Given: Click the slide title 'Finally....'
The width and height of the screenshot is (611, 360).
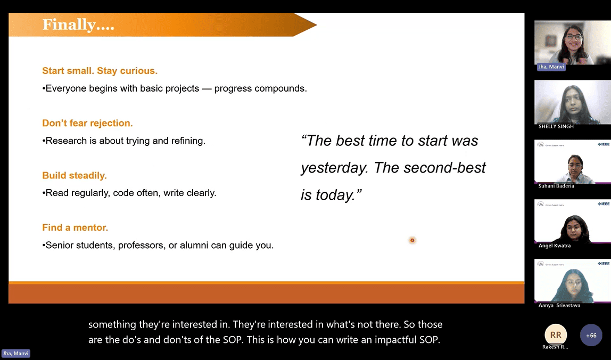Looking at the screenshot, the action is coord(78,24).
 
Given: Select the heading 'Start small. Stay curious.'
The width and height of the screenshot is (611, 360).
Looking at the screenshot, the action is coord(100,71).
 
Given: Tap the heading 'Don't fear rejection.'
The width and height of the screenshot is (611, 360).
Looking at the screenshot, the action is coord(87,123).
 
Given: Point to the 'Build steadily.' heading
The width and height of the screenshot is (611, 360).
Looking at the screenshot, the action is coord(75,176).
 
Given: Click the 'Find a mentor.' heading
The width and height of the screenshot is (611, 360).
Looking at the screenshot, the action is coord(75,227).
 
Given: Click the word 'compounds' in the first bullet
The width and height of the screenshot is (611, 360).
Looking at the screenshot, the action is coord(279,89).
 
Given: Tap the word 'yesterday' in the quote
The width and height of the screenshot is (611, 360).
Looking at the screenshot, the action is coord(334,168).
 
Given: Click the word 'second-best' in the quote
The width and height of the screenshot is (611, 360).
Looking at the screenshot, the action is coord(444,168).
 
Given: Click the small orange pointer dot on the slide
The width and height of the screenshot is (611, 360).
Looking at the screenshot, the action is coord(412,240).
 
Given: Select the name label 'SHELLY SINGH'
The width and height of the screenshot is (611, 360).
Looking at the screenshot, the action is coord(556,126).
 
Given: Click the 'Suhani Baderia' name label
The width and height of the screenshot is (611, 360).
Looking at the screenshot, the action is coord(556,186).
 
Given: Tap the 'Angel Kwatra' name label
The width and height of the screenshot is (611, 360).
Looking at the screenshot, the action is coord(555,246).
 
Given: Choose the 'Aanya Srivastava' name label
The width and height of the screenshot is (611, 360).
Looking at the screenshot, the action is coord(559,305).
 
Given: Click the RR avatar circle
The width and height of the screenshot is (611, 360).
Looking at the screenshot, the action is coord(556,335).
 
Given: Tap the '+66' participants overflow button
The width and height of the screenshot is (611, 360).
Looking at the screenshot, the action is coord(591,335).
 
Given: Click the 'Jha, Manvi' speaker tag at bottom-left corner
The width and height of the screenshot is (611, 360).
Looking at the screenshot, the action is coord(15,354).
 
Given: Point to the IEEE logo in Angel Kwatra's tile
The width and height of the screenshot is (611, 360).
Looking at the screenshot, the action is coord(604,204).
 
